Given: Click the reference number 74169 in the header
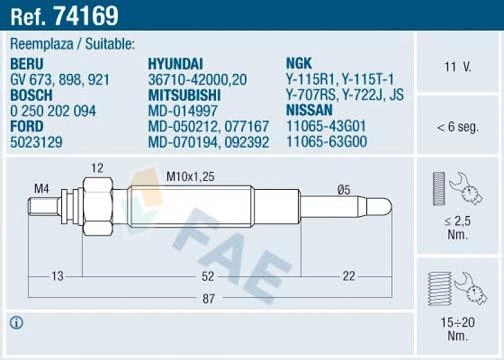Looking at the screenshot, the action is click(86, 16).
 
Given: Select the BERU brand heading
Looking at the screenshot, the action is click(27, 64).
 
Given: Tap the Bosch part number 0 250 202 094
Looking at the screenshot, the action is click(53, 111).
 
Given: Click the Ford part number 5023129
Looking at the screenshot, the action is click(36, 142).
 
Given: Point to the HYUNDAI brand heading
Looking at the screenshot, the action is click(175, 64).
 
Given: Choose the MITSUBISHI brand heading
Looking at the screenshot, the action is click(184, 95).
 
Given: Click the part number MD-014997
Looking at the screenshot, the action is click(183, 111).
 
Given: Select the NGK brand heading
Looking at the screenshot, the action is click(299, 63).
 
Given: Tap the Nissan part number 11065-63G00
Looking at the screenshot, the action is click(327, 141).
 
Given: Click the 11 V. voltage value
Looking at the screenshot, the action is click(458, 67).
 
